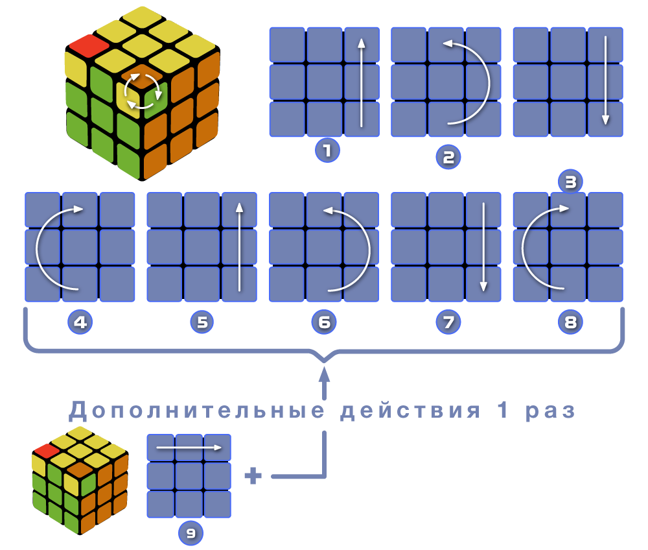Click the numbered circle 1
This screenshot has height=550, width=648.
327,151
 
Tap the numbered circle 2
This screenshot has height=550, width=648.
448,156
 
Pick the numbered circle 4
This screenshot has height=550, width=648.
80,322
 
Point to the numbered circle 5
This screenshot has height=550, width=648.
202,322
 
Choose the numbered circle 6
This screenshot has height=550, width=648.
324,322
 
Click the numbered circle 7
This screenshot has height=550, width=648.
448,322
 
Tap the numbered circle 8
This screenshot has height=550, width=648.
570,322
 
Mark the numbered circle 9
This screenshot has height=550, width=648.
191,533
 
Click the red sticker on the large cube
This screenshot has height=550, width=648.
89,45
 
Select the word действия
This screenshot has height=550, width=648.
411,411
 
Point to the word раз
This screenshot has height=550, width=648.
551,411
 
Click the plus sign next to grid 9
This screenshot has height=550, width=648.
253,477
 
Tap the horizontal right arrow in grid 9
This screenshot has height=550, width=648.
189,448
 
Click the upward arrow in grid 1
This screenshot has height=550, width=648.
362,82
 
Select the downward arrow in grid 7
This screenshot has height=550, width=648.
483,247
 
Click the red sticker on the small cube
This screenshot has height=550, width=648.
47,449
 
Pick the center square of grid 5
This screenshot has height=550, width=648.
202,247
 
